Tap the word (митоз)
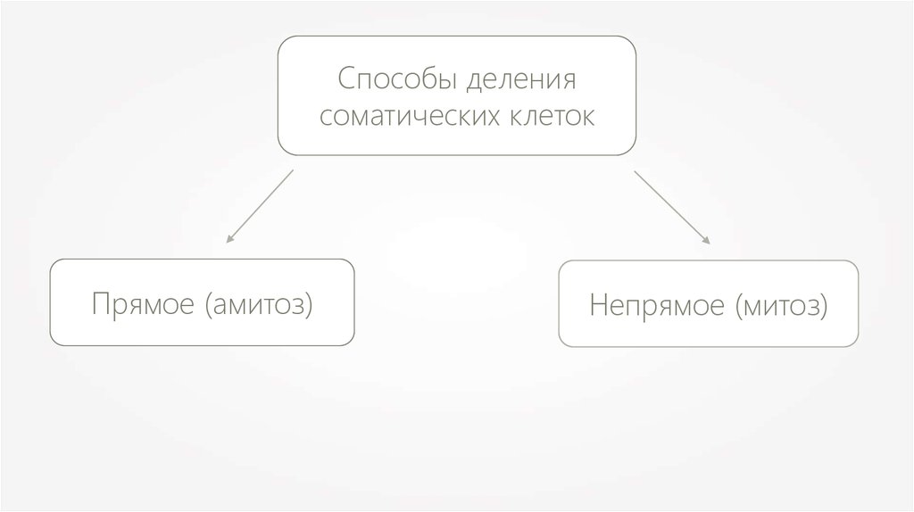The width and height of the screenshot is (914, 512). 781,306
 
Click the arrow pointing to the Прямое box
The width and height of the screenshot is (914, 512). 260,205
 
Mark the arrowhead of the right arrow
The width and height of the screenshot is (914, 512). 708,241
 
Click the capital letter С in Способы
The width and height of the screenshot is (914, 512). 345,80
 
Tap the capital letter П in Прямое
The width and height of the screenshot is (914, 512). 99,304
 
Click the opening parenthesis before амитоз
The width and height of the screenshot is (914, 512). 209,306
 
